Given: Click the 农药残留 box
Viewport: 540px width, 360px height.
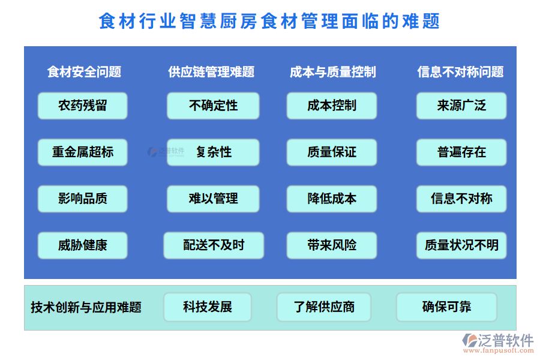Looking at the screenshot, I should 83,106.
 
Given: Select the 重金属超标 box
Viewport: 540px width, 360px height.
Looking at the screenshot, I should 83,152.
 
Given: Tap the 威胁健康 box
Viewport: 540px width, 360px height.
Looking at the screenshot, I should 83,245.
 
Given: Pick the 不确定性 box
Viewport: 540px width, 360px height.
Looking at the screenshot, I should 213,106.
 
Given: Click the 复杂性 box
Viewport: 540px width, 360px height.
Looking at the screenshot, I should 213,152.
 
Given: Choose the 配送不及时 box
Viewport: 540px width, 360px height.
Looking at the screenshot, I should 214,245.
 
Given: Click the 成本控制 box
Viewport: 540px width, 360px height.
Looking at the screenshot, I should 332,106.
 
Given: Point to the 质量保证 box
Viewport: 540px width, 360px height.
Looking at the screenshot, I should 332,152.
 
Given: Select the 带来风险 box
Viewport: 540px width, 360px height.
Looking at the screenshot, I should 332,245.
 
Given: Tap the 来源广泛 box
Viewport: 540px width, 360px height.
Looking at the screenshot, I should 461,106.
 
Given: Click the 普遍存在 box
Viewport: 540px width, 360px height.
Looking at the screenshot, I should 461,152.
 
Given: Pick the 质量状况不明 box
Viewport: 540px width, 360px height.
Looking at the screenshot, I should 461,245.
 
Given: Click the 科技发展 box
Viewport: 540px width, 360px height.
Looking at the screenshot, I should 208,307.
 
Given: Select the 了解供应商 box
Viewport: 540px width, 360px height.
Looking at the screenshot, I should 324,307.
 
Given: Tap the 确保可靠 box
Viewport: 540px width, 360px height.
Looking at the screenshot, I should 446,307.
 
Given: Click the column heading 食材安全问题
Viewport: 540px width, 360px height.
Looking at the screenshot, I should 84,72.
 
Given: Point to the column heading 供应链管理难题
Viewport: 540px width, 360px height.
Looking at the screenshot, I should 211,72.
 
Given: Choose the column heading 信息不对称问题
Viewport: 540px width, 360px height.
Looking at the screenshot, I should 460,72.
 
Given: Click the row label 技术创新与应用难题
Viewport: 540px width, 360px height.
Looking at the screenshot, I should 86,308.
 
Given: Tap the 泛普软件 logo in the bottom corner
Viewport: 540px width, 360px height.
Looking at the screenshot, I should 497,344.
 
